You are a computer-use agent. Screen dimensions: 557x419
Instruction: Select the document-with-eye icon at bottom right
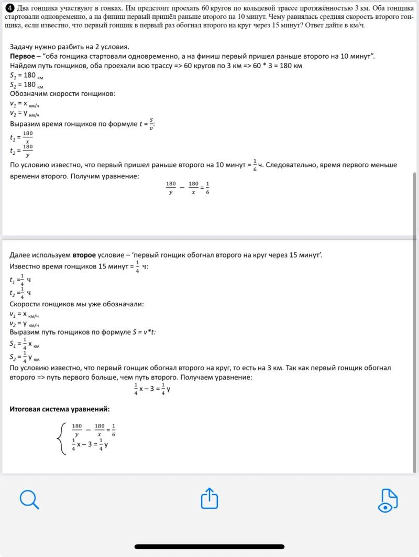pyautogui.click(x=388, y=500)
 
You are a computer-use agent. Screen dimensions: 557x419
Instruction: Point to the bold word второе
pyautogui.click(x=84, y=255)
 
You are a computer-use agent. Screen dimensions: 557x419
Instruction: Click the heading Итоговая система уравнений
pyautogui.click(x=60, y=409)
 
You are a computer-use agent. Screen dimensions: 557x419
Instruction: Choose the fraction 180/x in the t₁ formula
pyautogui.click(x=28, y=137)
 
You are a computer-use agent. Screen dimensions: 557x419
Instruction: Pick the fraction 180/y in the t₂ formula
pyautogui.click(x=28, y=151)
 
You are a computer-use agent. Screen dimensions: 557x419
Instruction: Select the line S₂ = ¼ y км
pyautogui.click(x=25, y=357)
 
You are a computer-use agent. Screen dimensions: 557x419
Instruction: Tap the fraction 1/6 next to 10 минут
pyautogui.click(x=255, y=165)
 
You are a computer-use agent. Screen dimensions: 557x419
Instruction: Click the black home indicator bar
pyautogui.click(x=210, y=547)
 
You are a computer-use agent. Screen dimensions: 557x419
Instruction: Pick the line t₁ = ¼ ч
pyautogui.click(x=21, y=280)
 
